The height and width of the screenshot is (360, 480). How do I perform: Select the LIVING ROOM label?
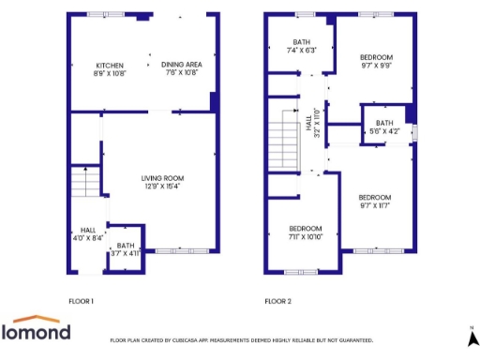point(162,177)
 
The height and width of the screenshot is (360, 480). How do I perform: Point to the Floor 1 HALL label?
point(88,230)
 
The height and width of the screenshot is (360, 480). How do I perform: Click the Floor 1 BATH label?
point(125,246)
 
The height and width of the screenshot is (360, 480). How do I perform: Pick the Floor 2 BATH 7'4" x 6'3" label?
point(301,42)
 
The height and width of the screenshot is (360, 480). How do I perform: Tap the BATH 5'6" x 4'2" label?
point(384,123)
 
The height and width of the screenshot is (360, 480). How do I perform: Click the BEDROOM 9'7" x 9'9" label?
point(377,57)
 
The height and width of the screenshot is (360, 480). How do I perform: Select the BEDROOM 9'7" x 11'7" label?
point(375,196)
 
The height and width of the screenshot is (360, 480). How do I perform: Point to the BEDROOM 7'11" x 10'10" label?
point(305,229)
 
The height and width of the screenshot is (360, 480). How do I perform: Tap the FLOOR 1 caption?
point(82,302)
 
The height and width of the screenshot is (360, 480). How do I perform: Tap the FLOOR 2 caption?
point(277,302)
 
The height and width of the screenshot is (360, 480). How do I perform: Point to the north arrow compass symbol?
point(472,334)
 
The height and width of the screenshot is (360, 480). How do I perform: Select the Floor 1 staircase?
point(85,181)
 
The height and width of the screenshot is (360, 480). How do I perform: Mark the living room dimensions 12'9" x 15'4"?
point(162,187)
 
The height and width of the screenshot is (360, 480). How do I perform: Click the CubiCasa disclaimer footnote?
point(242,340)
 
